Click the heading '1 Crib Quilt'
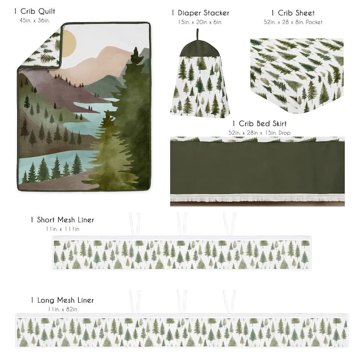click(35, 11)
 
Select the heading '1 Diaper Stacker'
click(200, 13)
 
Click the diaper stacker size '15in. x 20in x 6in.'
click(200, 22)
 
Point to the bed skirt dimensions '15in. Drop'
click(259, 132)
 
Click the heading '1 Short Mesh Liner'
click(62, 220)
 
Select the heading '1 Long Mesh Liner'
click(62, 300)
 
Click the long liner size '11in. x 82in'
click(62, 309)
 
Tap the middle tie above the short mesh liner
click(182, 223)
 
